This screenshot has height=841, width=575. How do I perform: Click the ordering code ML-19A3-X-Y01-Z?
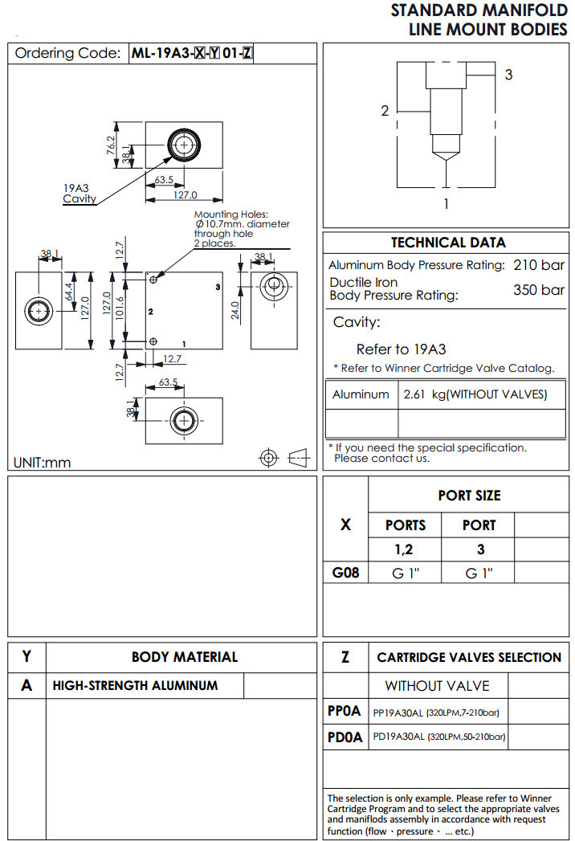[193, 54]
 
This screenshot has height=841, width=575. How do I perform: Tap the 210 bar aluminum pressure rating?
[539, 265]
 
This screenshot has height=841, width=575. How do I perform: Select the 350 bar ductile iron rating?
[539, 289]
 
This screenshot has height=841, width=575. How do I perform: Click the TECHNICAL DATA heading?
[448, 243]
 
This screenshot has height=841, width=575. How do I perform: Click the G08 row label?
[345, 573]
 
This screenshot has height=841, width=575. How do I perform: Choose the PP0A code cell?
[345, 711]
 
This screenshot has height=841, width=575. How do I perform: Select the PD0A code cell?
[345, 736]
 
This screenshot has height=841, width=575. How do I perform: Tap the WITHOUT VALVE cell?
[437, 686]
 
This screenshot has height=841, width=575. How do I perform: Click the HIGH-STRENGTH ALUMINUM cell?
[135, 686]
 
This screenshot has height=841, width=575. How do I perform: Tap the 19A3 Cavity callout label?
[80, 194]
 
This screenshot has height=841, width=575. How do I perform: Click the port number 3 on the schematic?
[508, 75]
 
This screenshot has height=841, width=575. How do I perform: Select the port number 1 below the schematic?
[447, 204]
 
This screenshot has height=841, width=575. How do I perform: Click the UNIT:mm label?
[43, 463]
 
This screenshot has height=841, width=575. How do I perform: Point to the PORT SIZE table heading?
[469, 496]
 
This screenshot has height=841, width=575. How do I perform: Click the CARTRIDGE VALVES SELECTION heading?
[469, 657]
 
